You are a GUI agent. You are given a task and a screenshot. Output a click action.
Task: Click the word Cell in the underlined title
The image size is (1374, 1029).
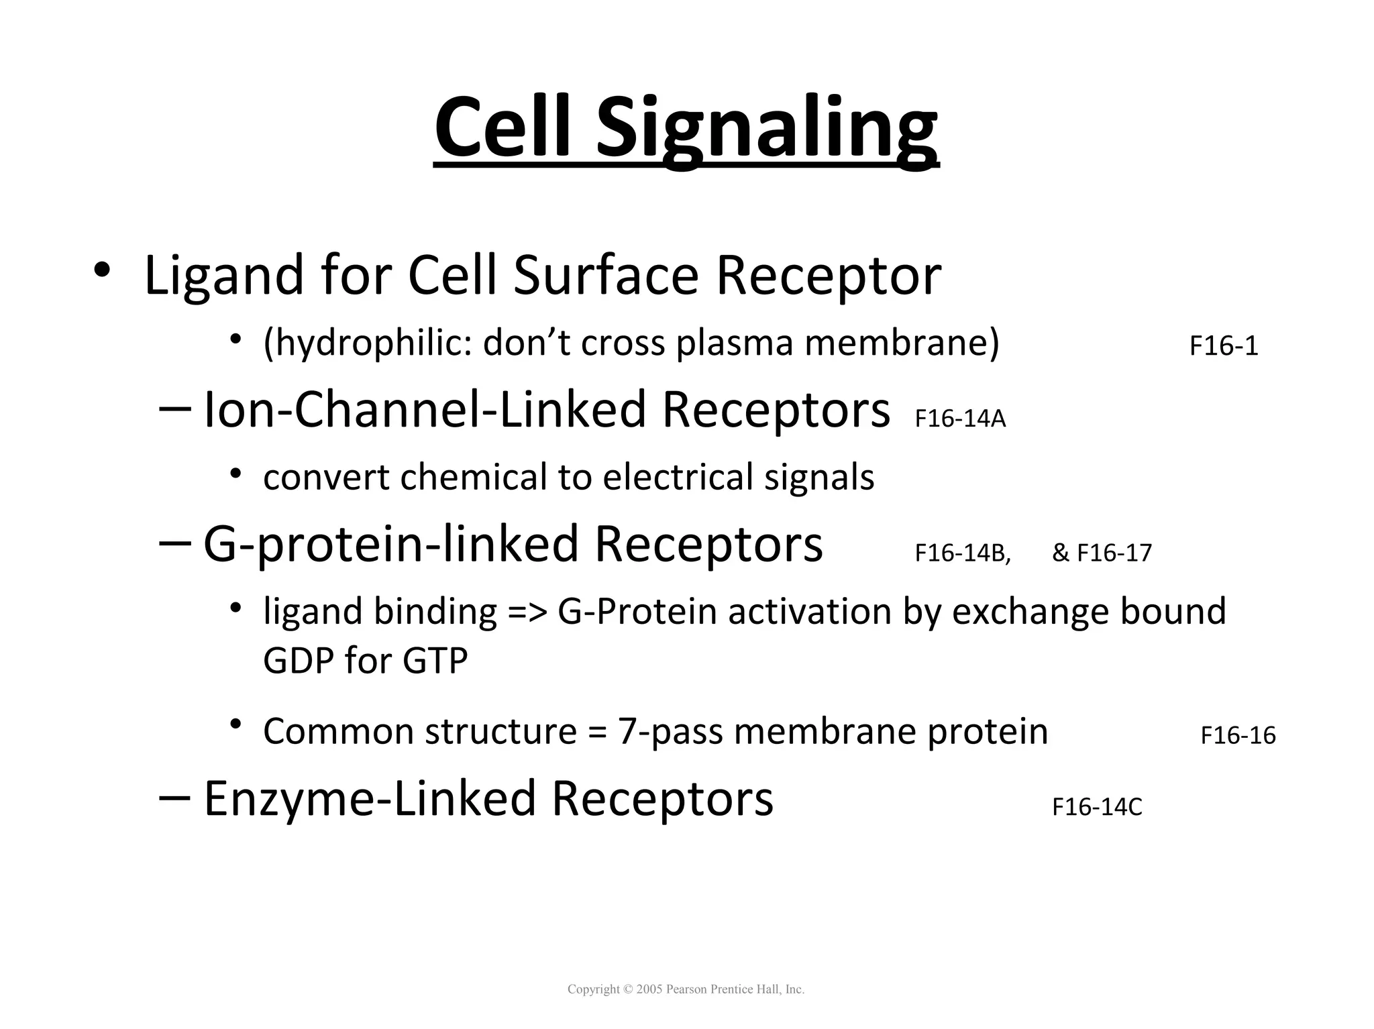[x=507, y=127]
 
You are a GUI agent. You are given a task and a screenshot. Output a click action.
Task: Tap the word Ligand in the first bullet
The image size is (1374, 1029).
[x=224, y=276]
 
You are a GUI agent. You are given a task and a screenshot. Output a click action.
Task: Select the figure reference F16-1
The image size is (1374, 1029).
[x=1223, y=347]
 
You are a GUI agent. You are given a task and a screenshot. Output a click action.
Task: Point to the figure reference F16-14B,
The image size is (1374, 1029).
[x=962, y=553]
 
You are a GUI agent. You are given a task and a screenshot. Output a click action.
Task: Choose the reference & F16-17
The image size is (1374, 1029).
[x=1102, y=553]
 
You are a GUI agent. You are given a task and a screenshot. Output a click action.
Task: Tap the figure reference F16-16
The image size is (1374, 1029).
[x=1237, y=736]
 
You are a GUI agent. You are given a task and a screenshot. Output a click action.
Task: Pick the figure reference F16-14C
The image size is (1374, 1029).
[x=1096, y=807]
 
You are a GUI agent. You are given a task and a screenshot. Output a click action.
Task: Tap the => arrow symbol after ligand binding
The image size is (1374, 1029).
[x=528, y=612]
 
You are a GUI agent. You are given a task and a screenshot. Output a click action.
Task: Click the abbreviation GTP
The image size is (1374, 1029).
[x=435, y=661]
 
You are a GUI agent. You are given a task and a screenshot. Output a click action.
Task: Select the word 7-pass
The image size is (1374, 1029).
[x=670, y=732]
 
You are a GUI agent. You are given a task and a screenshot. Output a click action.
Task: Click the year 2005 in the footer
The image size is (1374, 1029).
[x=649, y=989]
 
